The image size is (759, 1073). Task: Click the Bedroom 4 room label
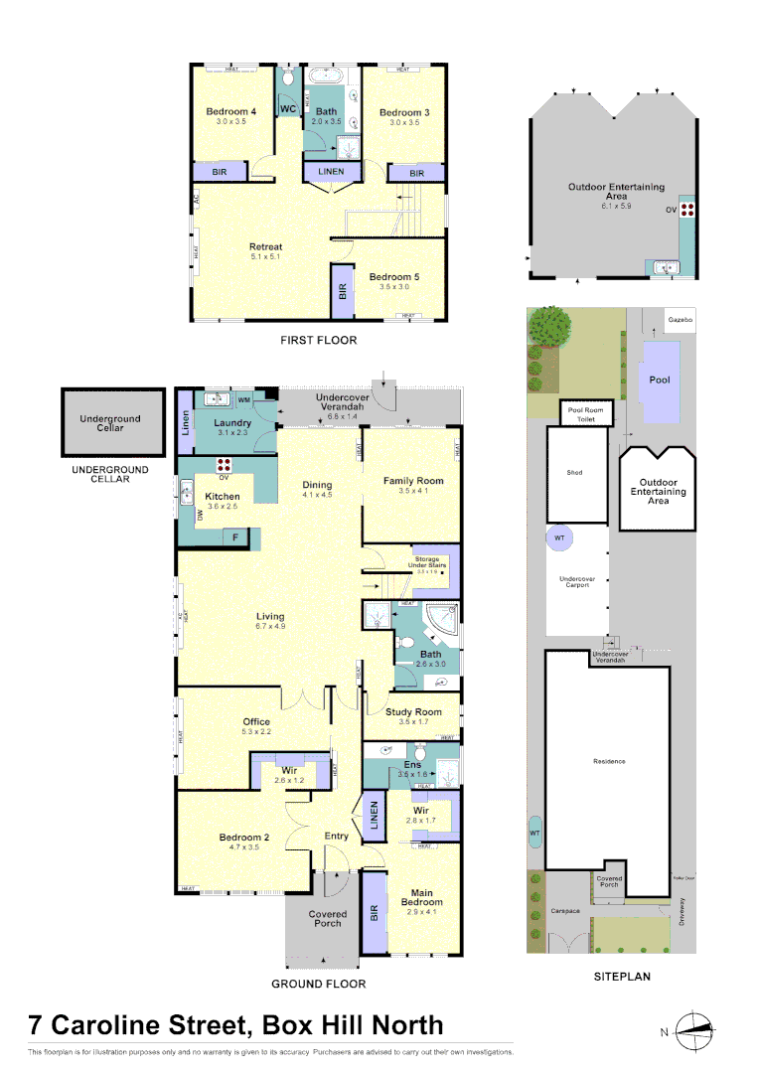click(231, 112)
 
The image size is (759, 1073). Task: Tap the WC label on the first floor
click(287, 108)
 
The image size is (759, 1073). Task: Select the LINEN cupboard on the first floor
click(331, 172)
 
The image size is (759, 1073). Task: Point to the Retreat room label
click(265, 246)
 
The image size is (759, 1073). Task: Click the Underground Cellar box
click(110, 423)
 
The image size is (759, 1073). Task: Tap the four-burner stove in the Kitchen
click(225, 465)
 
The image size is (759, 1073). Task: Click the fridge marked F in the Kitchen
click(235, 537)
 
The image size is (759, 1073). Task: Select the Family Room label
click(413, 481)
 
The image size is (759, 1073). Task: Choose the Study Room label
click(414, 711)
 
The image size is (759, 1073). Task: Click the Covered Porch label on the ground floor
click(328, 918)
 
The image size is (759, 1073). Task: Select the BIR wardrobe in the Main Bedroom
click(374, 912)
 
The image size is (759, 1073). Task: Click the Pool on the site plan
click(660, 380)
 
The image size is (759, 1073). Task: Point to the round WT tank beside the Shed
click(559, 538)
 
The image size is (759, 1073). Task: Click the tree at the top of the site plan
click(549, 325)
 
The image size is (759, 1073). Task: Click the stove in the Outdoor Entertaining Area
click(685, 211)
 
